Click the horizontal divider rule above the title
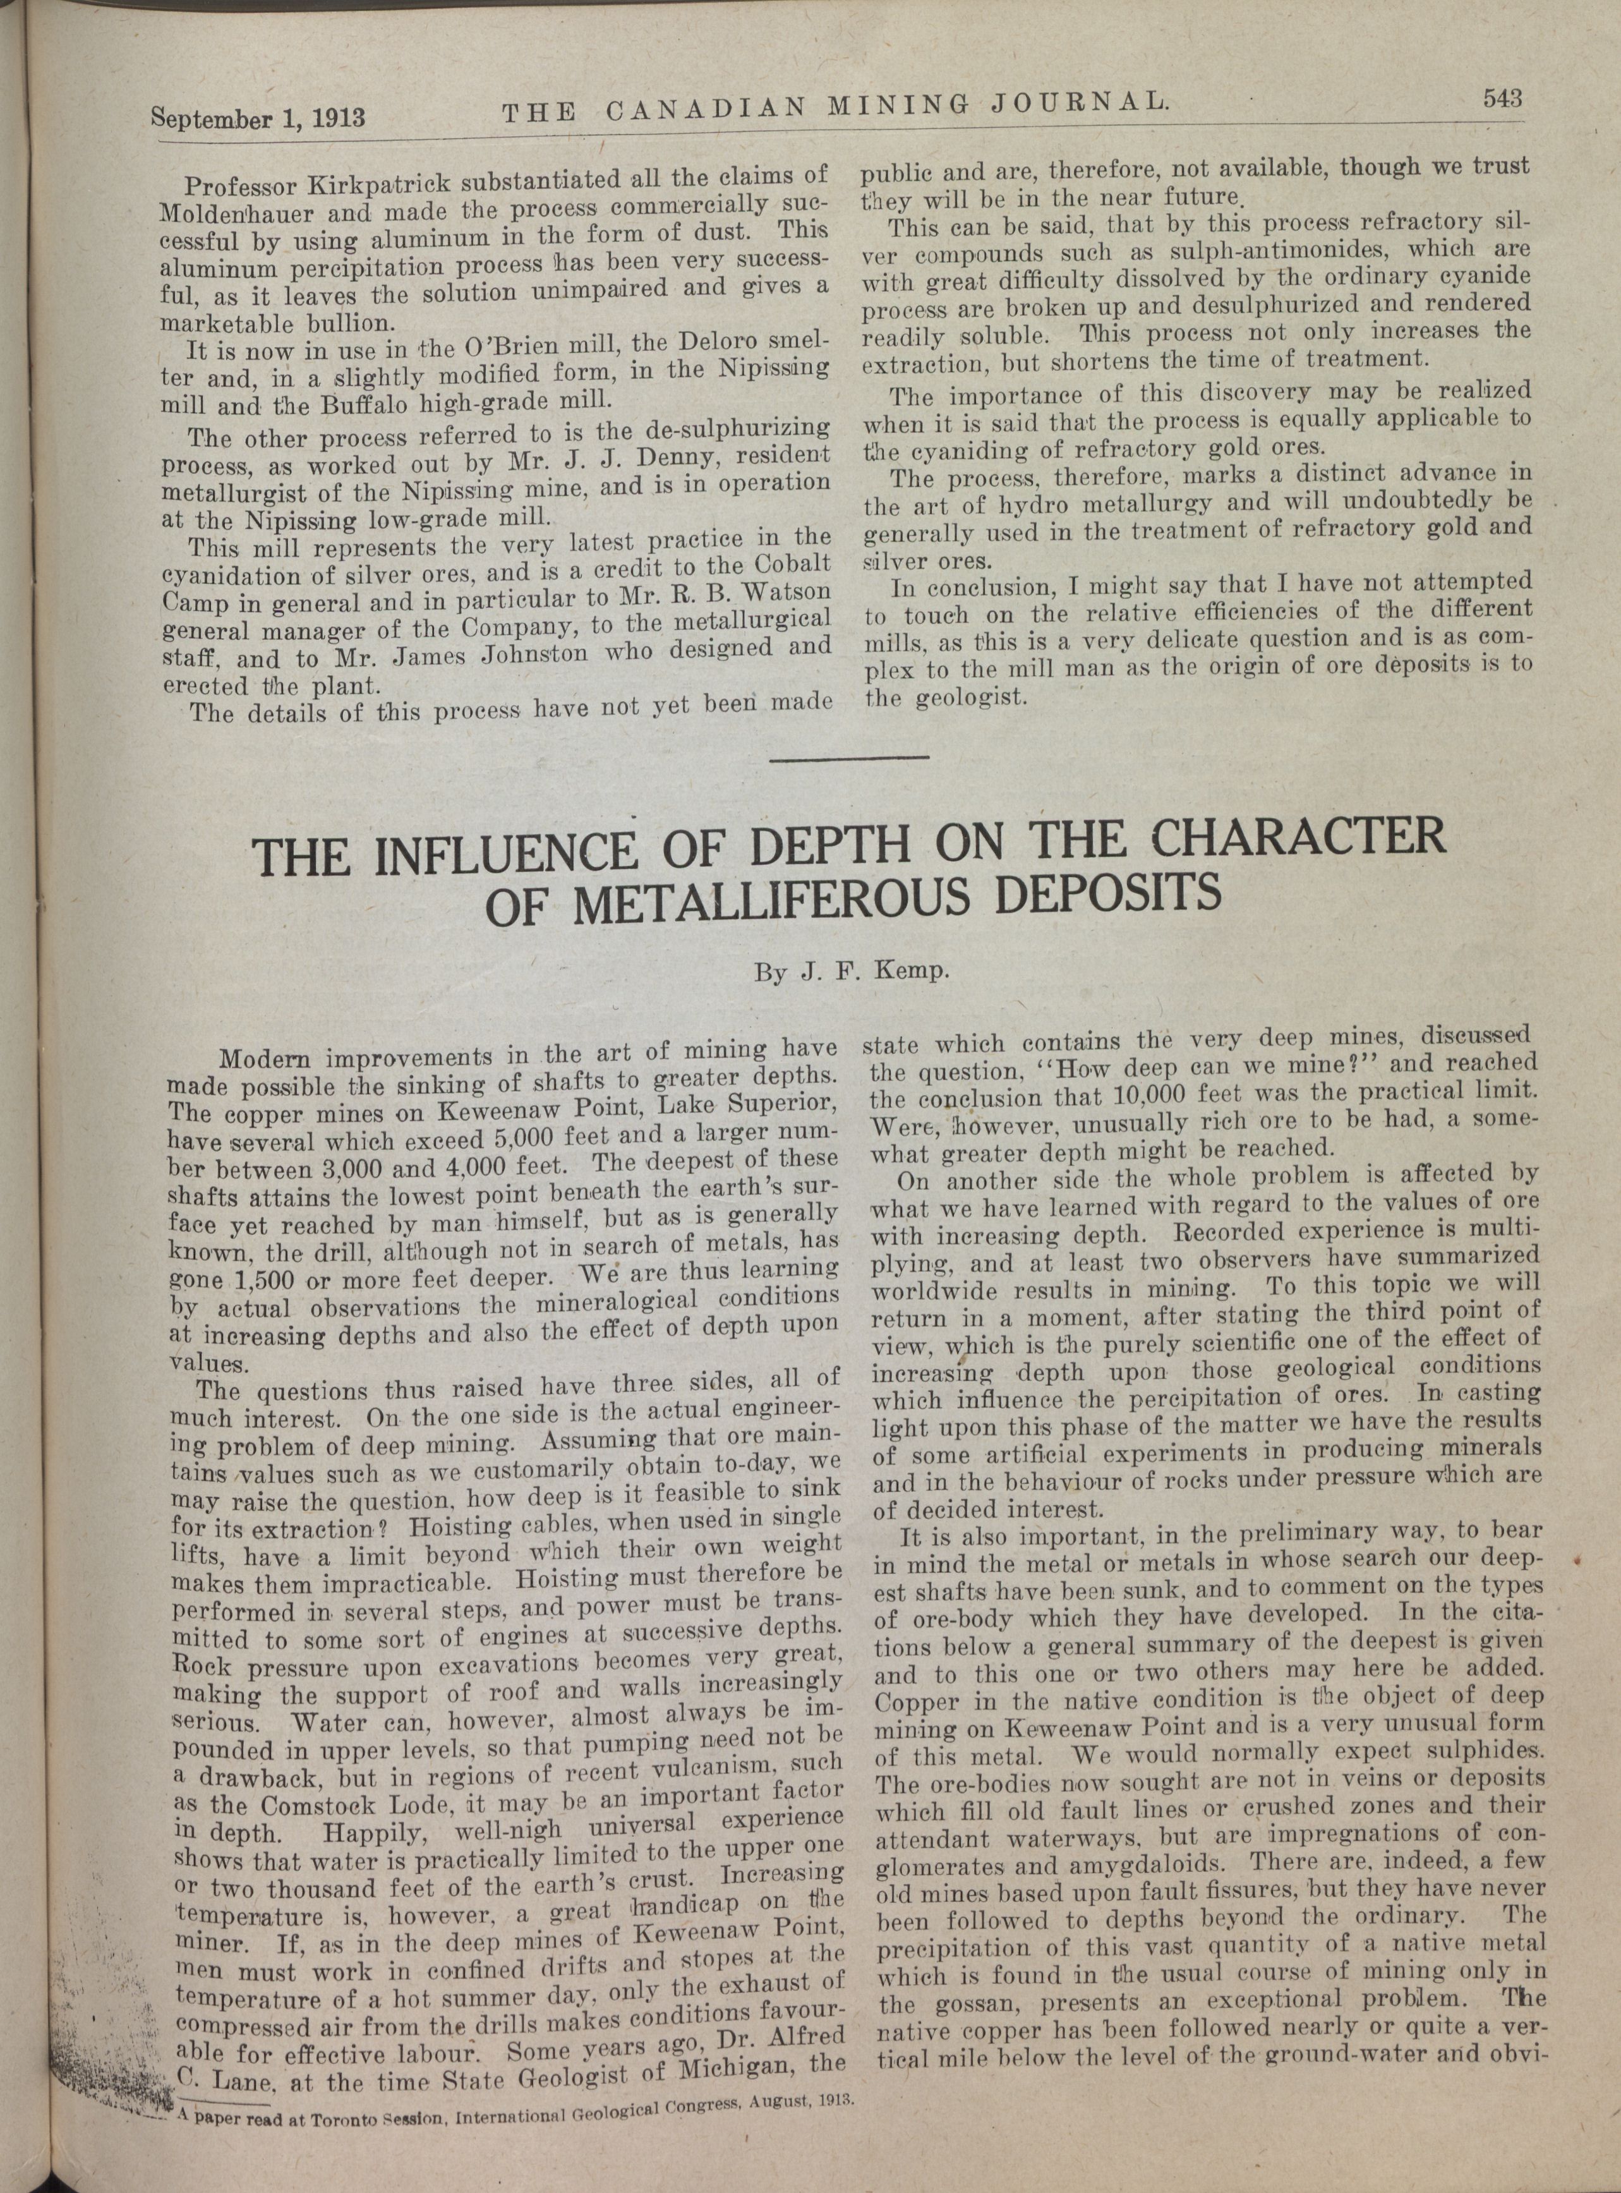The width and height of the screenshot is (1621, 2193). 849,756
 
